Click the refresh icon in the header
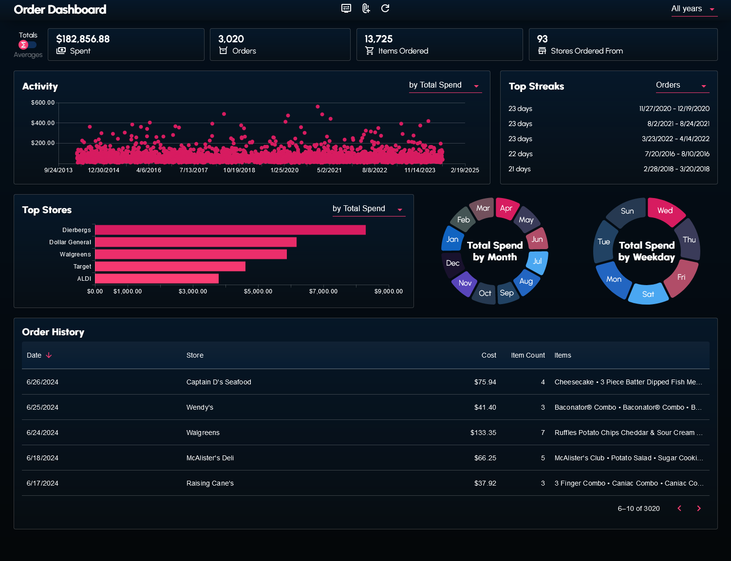coord(385,8)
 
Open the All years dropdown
coord(694,9)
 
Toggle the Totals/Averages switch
coord(27,45)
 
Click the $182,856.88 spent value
coord(83,39)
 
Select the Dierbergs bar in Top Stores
coord(230,230)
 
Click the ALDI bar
coord(156,279)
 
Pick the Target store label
coord(82,267)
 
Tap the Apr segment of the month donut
coord(506,208)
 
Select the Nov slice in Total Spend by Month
coord(465,283)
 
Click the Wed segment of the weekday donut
coord(665,211)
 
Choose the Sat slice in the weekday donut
coord(648,294)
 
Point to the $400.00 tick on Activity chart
coord(43,123)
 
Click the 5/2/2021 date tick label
coord(329,170)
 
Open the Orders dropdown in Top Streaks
coord(682,85)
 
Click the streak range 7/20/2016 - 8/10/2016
coord(677,154)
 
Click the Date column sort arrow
coord(49,356)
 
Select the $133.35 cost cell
coord(483,433)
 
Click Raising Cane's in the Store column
coord(210,483)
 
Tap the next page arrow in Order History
coord(699,508)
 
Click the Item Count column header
coord(528,356)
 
